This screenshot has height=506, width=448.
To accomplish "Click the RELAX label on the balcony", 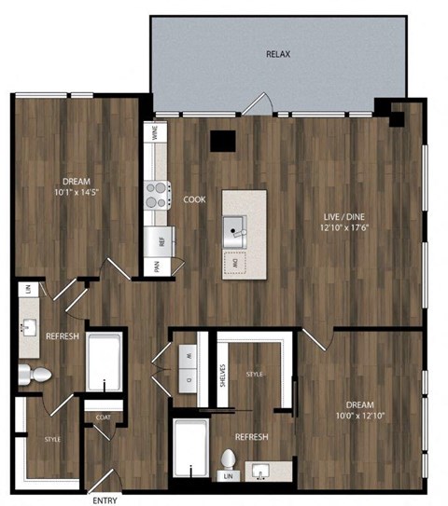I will (x=278, y=54).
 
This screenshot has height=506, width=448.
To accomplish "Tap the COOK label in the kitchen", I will (x=194, y=199).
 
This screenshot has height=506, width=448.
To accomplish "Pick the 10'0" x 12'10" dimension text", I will (x=359, y=417).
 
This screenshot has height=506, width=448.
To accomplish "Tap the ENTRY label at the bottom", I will (x=105, y=500).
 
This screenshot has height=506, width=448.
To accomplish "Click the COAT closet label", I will (x=103, y=417).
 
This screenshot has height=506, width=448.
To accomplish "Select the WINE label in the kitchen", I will (x=154, y=132).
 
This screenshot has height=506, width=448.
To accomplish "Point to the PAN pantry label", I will (x=156, y=266).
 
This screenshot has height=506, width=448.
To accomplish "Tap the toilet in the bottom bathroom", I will (x=230, y=462).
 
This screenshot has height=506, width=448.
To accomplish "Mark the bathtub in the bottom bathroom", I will (x=192, y=448).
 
